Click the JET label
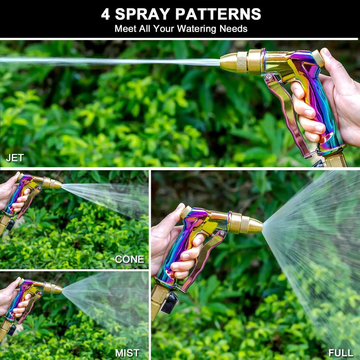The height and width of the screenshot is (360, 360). click(x=15, y=158)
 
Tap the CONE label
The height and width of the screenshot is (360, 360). click(x=129, y=259)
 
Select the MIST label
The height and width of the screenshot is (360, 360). click(x=127, y=353)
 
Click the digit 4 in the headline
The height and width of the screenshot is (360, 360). click(x=105, y=14)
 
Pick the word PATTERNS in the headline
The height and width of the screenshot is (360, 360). click(x=218, y=14)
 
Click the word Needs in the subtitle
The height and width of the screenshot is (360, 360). click(x=233, y=29)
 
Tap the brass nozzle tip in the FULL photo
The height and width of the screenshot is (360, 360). click(x=256, y=226)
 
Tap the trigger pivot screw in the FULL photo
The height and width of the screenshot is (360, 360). click(x=222, y=233)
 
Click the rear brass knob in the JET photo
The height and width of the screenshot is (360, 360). click(x=318, y=58)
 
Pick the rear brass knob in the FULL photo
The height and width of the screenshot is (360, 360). click(x=186, y=212)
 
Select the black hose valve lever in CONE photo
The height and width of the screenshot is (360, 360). click(x=11, y=225)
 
